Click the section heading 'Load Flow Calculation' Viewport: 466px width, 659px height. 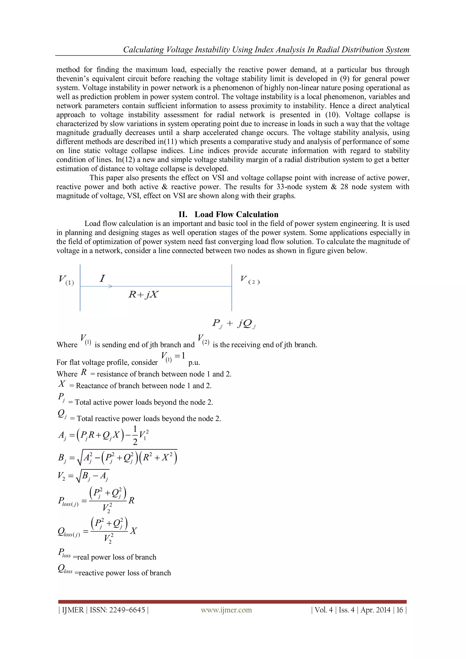coord(236,214)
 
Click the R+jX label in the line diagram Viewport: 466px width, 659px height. coord(143,294)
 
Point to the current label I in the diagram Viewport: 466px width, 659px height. coord(102,278)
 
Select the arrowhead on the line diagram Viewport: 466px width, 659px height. coord(110,286)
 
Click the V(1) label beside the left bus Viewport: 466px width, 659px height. coord(66,280)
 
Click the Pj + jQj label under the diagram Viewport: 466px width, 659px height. coord(234,324)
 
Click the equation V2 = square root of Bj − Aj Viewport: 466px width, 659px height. coord(83,476)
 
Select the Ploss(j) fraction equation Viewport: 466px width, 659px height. coord(96,501)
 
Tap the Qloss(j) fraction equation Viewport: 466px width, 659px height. coord(97,531)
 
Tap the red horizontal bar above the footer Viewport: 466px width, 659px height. coord(232,602)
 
